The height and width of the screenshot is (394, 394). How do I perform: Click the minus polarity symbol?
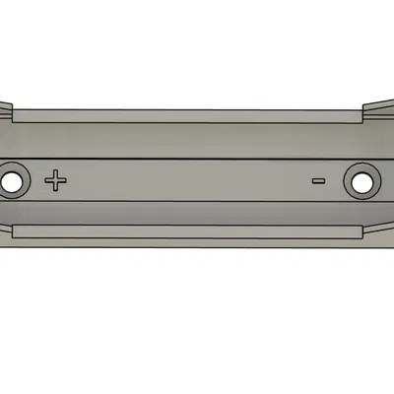tap(318, 180)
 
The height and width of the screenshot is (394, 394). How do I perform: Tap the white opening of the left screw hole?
tap(12, 182)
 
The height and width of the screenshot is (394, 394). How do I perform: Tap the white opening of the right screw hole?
tap(361, 181)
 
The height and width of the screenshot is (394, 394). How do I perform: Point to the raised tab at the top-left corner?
tap(5, 111)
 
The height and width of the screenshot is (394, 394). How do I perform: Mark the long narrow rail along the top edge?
tap(187, 114)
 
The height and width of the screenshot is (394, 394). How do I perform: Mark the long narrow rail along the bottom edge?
tap(187, 231)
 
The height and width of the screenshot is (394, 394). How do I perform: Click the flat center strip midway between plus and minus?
tap(187, 180)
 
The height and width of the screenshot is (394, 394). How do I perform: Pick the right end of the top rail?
tap(355, 115)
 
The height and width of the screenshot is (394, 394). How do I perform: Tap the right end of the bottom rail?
tap(355, 231)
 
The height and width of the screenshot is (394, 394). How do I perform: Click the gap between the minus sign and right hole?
tap(334, 181)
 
